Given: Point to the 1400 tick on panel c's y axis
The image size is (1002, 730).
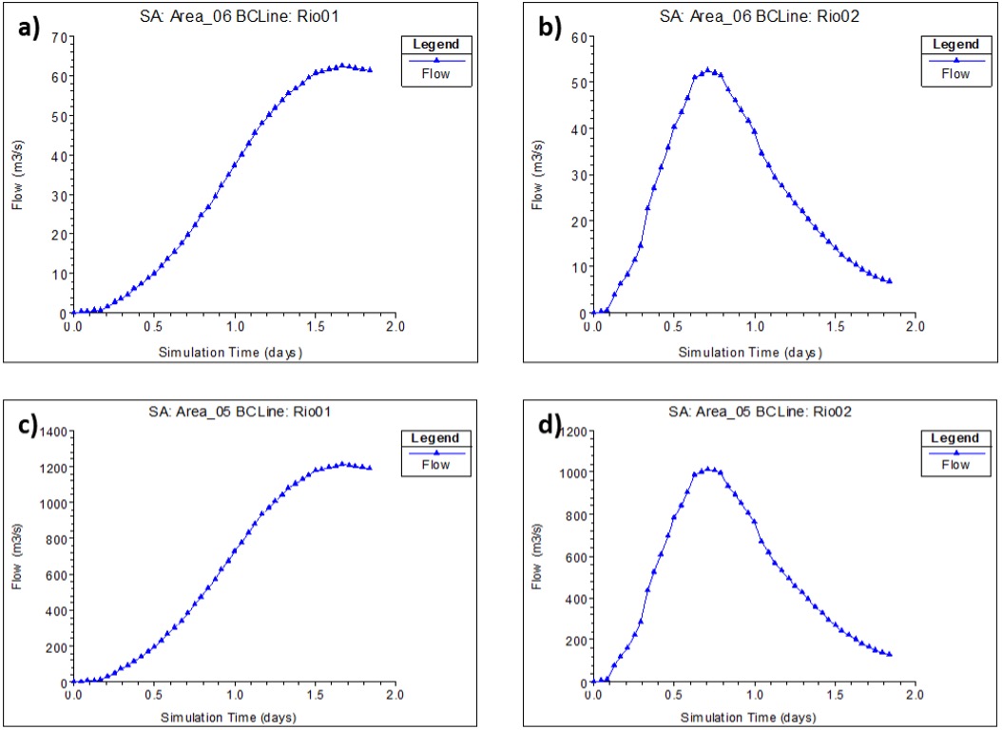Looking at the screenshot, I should (x=50, y=432).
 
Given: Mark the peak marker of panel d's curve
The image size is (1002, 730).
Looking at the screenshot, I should (x=707, y=469).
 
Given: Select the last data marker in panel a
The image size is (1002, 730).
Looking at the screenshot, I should (x=370, y=69).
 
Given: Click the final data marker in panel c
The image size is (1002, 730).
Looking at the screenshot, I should (x=370, y=468).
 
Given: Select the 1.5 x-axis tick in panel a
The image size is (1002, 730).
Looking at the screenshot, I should (x=313, y=326).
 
